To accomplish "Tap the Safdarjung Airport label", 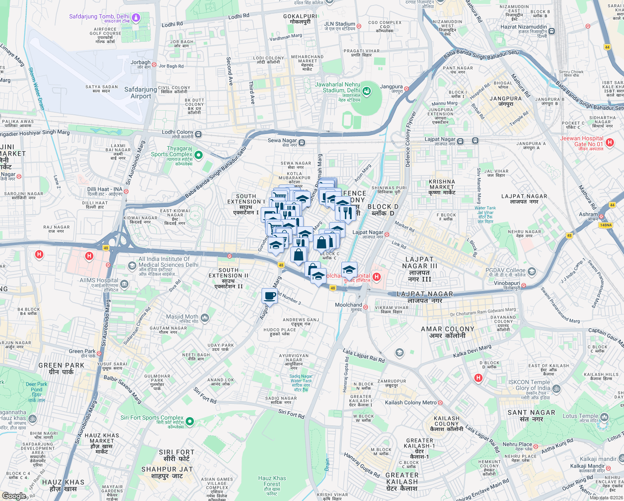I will point(141,93).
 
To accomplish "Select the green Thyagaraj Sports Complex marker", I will point(199,155).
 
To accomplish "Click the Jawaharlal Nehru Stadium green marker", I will point(367,91).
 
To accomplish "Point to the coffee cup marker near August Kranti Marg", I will point(270,296).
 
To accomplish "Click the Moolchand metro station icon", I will point(365,307).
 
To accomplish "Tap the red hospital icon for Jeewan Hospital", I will point(610,142).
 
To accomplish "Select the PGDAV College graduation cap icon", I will point(531,272).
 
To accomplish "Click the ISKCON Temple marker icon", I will point(556,389).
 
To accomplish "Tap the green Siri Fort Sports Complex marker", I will point(190,421).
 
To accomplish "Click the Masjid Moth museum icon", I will point(204,318).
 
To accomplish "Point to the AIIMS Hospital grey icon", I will point(124,284).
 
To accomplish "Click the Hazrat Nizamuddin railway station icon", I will point(552,31).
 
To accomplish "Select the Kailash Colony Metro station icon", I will point(440,403).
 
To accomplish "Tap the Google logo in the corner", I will point(14,496).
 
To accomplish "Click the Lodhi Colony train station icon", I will point(199,134).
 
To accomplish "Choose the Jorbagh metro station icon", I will point(154,65).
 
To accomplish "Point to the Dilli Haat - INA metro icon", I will point(126,191).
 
